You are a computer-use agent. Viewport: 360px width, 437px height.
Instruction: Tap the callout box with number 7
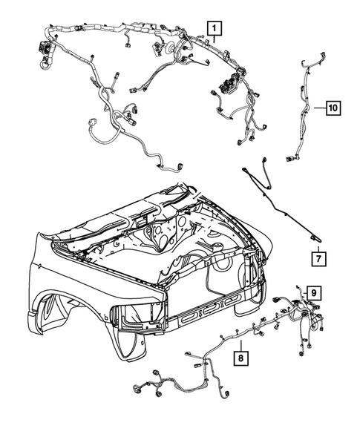coord(317,259)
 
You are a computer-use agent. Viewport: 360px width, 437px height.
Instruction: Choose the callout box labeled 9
coord(314,294)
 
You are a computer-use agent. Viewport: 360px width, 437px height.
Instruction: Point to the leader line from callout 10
coord(315,108)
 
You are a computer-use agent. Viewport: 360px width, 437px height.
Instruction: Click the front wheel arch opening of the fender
coord(71,312)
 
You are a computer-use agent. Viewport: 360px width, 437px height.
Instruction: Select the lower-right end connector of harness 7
coord(316,238)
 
